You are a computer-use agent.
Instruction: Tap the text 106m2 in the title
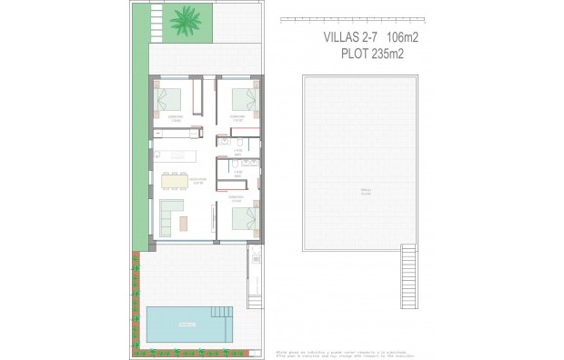click(x=408, y=37)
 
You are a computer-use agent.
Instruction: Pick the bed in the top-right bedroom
click(x=243, y=96)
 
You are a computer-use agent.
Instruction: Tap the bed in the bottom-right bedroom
click(x=243, y=218)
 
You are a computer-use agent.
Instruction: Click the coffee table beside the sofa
click(x=186, y=222)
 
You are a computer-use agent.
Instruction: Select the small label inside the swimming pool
click(x=187, y=325)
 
